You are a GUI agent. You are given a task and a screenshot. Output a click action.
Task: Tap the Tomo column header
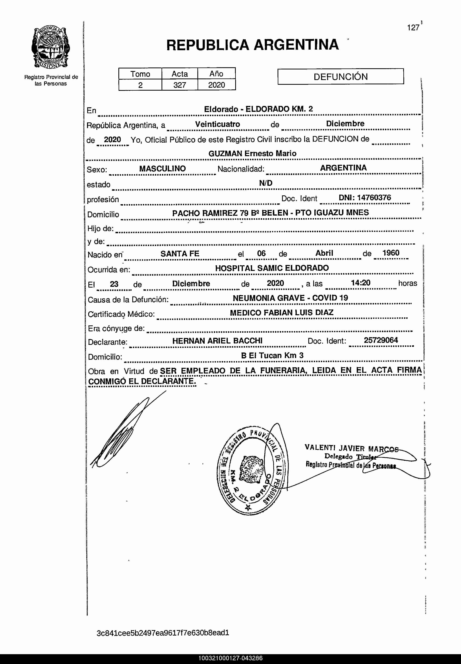140,74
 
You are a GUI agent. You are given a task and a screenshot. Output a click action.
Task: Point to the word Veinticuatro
218,124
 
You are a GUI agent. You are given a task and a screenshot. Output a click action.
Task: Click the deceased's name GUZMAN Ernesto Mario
252,154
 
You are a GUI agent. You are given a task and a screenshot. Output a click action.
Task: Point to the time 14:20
360,283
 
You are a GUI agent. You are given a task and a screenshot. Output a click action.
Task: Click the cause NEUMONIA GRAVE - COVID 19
290,298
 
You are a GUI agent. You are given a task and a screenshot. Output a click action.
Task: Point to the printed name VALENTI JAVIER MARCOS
351,448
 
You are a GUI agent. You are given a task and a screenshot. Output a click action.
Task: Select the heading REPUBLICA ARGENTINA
252,45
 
